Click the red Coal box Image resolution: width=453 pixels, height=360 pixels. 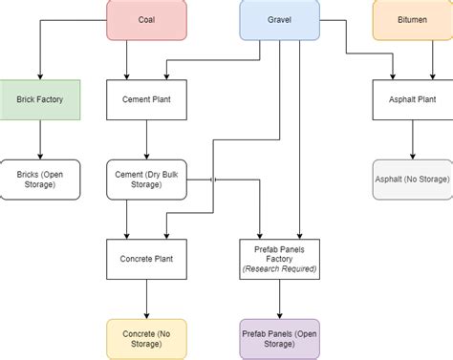(146, 19)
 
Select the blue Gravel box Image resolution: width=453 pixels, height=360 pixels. (279, 19)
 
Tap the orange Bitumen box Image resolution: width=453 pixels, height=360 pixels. (412, 19)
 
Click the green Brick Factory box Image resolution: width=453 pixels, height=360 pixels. (39, 99)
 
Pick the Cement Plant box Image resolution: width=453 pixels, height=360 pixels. (146, 99)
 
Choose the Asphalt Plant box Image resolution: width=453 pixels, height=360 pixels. (412, 99)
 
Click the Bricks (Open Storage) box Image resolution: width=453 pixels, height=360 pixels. (39, 179)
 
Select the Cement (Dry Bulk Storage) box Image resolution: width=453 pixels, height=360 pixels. (146, 179)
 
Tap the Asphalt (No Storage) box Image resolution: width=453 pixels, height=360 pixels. (412, 179)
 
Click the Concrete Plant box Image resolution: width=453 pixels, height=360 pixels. (146, 258)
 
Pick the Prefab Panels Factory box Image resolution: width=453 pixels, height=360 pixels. (279, 258)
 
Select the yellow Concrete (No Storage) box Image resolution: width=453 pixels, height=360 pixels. (146, 338)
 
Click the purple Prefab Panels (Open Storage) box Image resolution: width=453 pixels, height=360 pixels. (279, 338)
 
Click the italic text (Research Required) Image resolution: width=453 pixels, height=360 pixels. (279, 268)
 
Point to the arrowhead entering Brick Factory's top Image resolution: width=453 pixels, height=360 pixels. (39, 75)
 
